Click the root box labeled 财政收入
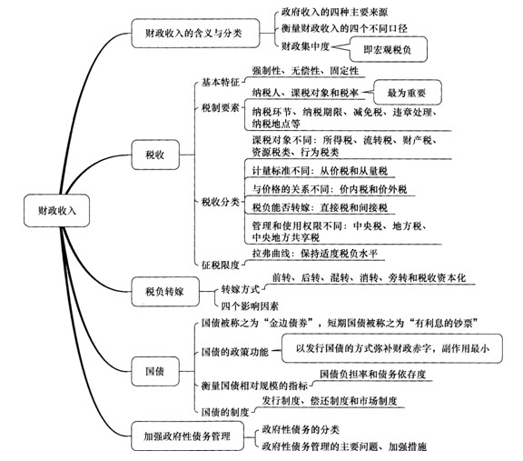coord(56,211)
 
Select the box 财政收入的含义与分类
coord(195,33)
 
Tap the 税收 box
coord(155,155)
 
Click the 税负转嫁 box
coord(165,291)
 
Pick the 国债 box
coord(155,371)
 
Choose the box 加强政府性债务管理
coord(187,436)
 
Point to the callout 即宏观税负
coord(387,49)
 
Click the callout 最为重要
coord(407,93)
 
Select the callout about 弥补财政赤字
coord(392,348)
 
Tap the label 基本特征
coord(221,82)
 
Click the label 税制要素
coord(221,108)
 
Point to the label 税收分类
coord(221,202)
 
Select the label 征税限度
coord(221,265)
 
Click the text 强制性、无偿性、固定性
coord(305,71)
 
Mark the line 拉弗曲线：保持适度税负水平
coord(315,254)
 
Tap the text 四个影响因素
coord(250,306)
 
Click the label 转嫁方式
coord(240,289)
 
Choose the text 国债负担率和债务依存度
coord(372,374)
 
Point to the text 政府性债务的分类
coord(301,429)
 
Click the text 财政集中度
coord(305,46)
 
